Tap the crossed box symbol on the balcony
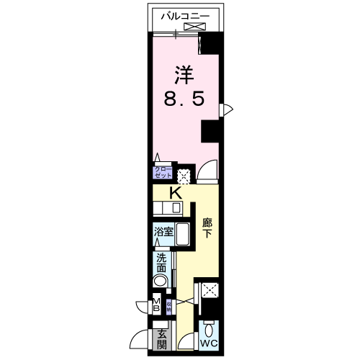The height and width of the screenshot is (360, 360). click(194, 27)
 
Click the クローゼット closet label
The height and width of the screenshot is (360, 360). click(162, 173)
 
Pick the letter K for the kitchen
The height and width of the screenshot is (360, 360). click(175, 193)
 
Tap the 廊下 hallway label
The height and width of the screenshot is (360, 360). click(207, 228)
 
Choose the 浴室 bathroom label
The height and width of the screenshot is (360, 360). click(163, 232)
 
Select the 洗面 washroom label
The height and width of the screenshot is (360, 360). click(161, 264)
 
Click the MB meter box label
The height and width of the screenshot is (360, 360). click(156, 305)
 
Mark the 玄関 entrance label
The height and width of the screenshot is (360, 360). click(161, 338)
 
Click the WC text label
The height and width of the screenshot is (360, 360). click(209, 343)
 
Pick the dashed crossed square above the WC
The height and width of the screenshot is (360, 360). click(210, 292)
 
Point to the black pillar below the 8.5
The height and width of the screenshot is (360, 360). click(211, 131)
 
